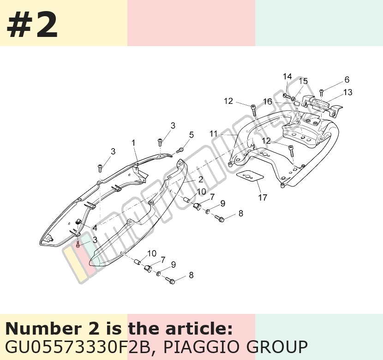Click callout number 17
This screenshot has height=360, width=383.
263,198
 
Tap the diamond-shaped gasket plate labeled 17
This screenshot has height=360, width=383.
250,176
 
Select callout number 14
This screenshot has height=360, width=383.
287,77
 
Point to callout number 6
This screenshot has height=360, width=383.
347,79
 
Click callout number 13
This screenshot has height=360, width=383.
348,92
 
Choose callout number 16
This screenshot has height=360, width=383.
268,102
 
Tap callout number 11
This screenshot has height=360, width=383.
214,134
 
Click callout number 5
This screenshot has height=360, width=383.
191,135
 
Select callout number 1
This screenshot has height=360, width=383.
133,143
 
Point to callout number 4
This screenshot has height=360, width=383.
95,228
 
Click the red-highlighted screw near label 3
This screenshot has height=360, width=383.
78,244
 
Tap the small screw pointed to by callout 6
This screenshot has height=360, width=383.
322,92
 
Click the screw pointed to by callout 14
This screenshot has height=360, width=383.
287,96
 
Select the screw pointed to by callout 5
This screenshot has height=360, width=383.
180,150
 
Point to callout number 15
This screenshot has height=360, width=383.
303,81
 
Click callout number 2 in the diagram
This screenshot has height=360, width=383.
201,179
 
